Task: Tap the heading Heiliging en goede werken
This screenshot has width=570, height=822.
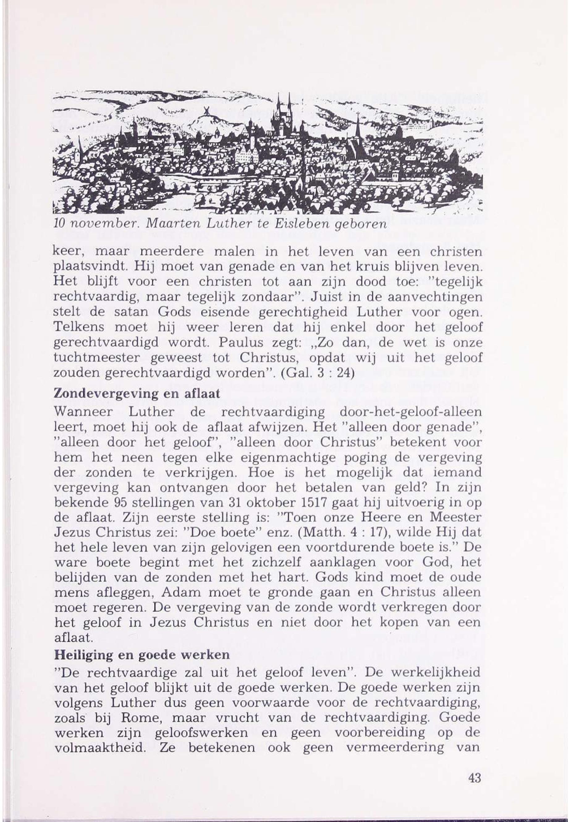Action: [x=142, y=655]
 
